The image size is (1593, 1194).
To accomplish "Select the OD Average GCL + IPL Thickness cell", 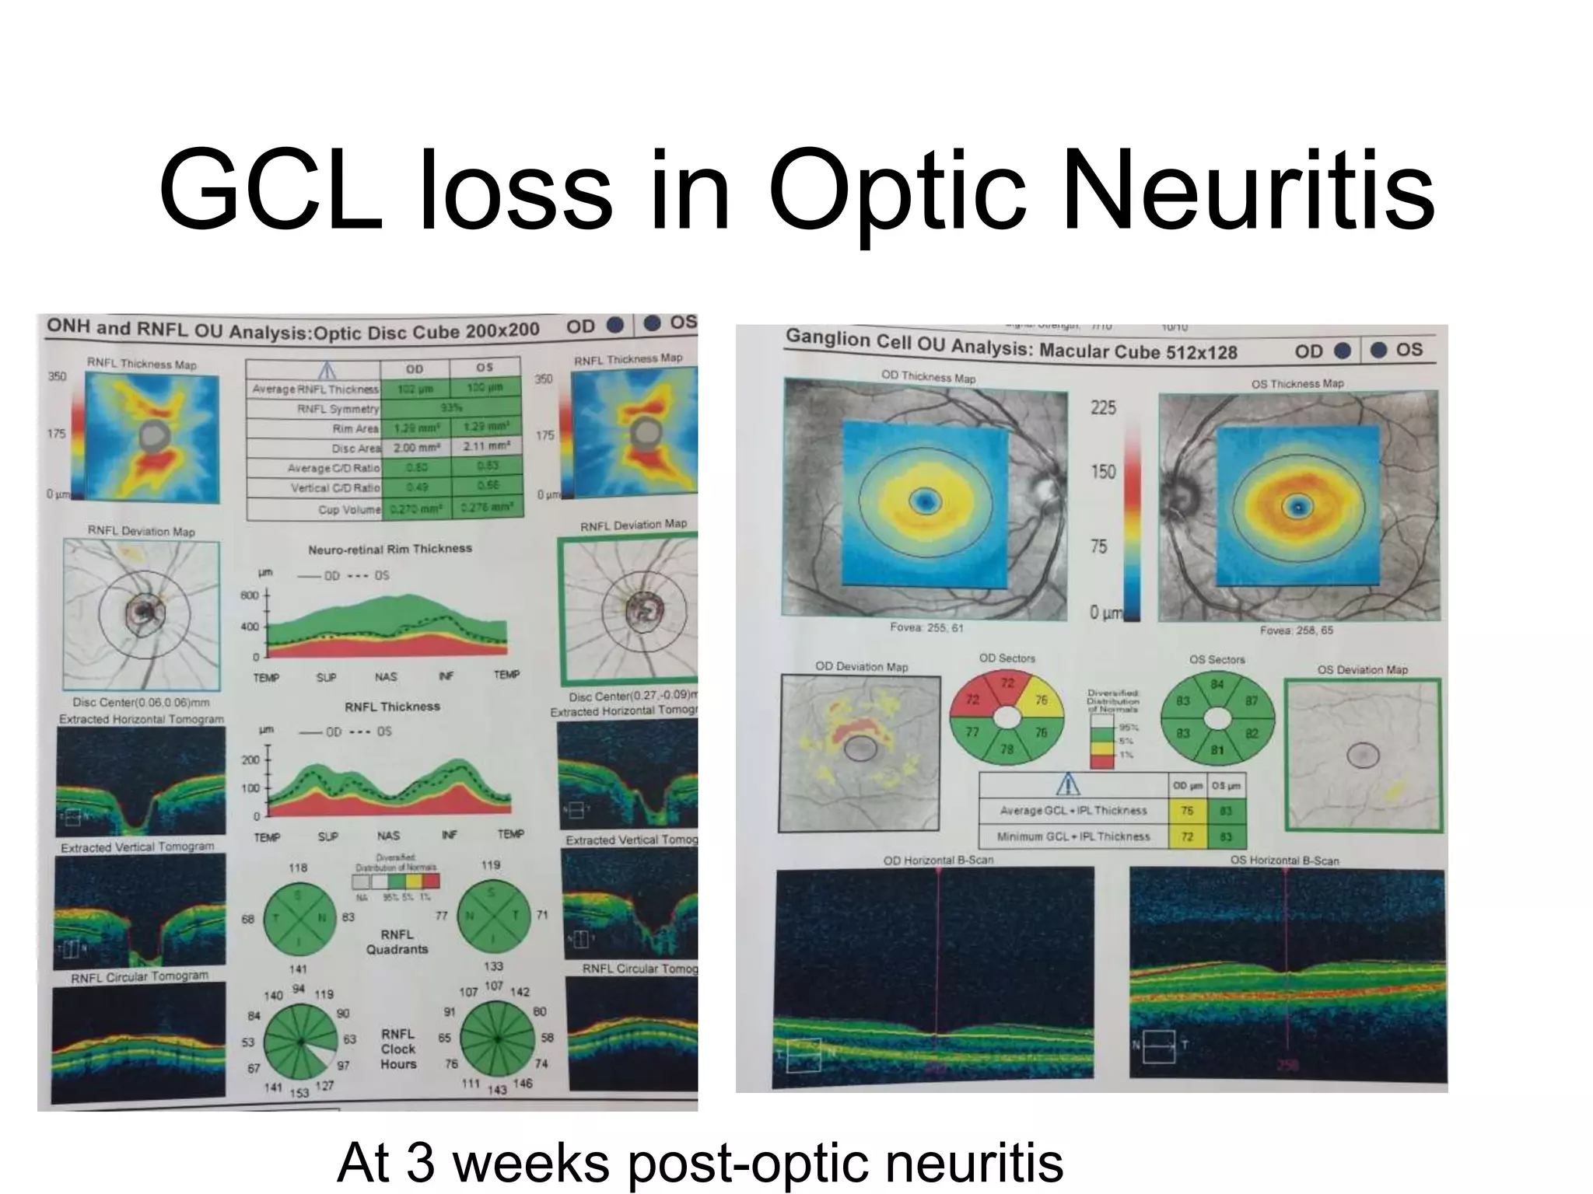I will coord(1187,810).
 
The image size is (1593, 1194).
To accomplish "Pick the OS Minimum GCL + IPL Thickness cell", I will coord(1226,837).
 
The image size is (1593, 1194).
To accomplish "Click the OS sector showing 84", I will coord(1217,685).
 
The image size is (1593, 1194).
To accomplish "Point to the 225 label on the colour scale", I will coord(1103,407).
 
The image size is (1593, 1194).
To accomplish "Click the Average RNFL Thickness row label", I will coord(315,389).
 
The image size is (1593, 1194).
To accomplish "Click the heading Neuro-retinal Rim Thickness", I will coord(390,549).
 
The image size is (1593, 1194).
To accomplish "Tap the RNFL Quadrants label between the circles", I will coord(397,941).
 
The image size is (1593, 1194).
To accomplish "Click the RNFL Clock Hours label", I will coord(398,1049).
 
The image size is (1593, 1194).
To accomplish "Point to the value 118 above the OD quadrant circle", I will coord(298,868).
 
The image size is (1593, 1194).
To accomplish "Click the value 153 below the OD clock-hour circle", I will coord(299,1092).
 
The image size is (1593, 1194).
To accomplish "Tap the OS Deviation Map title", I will coord(1362,669).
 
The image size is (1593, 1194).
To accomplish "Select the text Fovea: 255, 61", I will coord(926,627).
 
